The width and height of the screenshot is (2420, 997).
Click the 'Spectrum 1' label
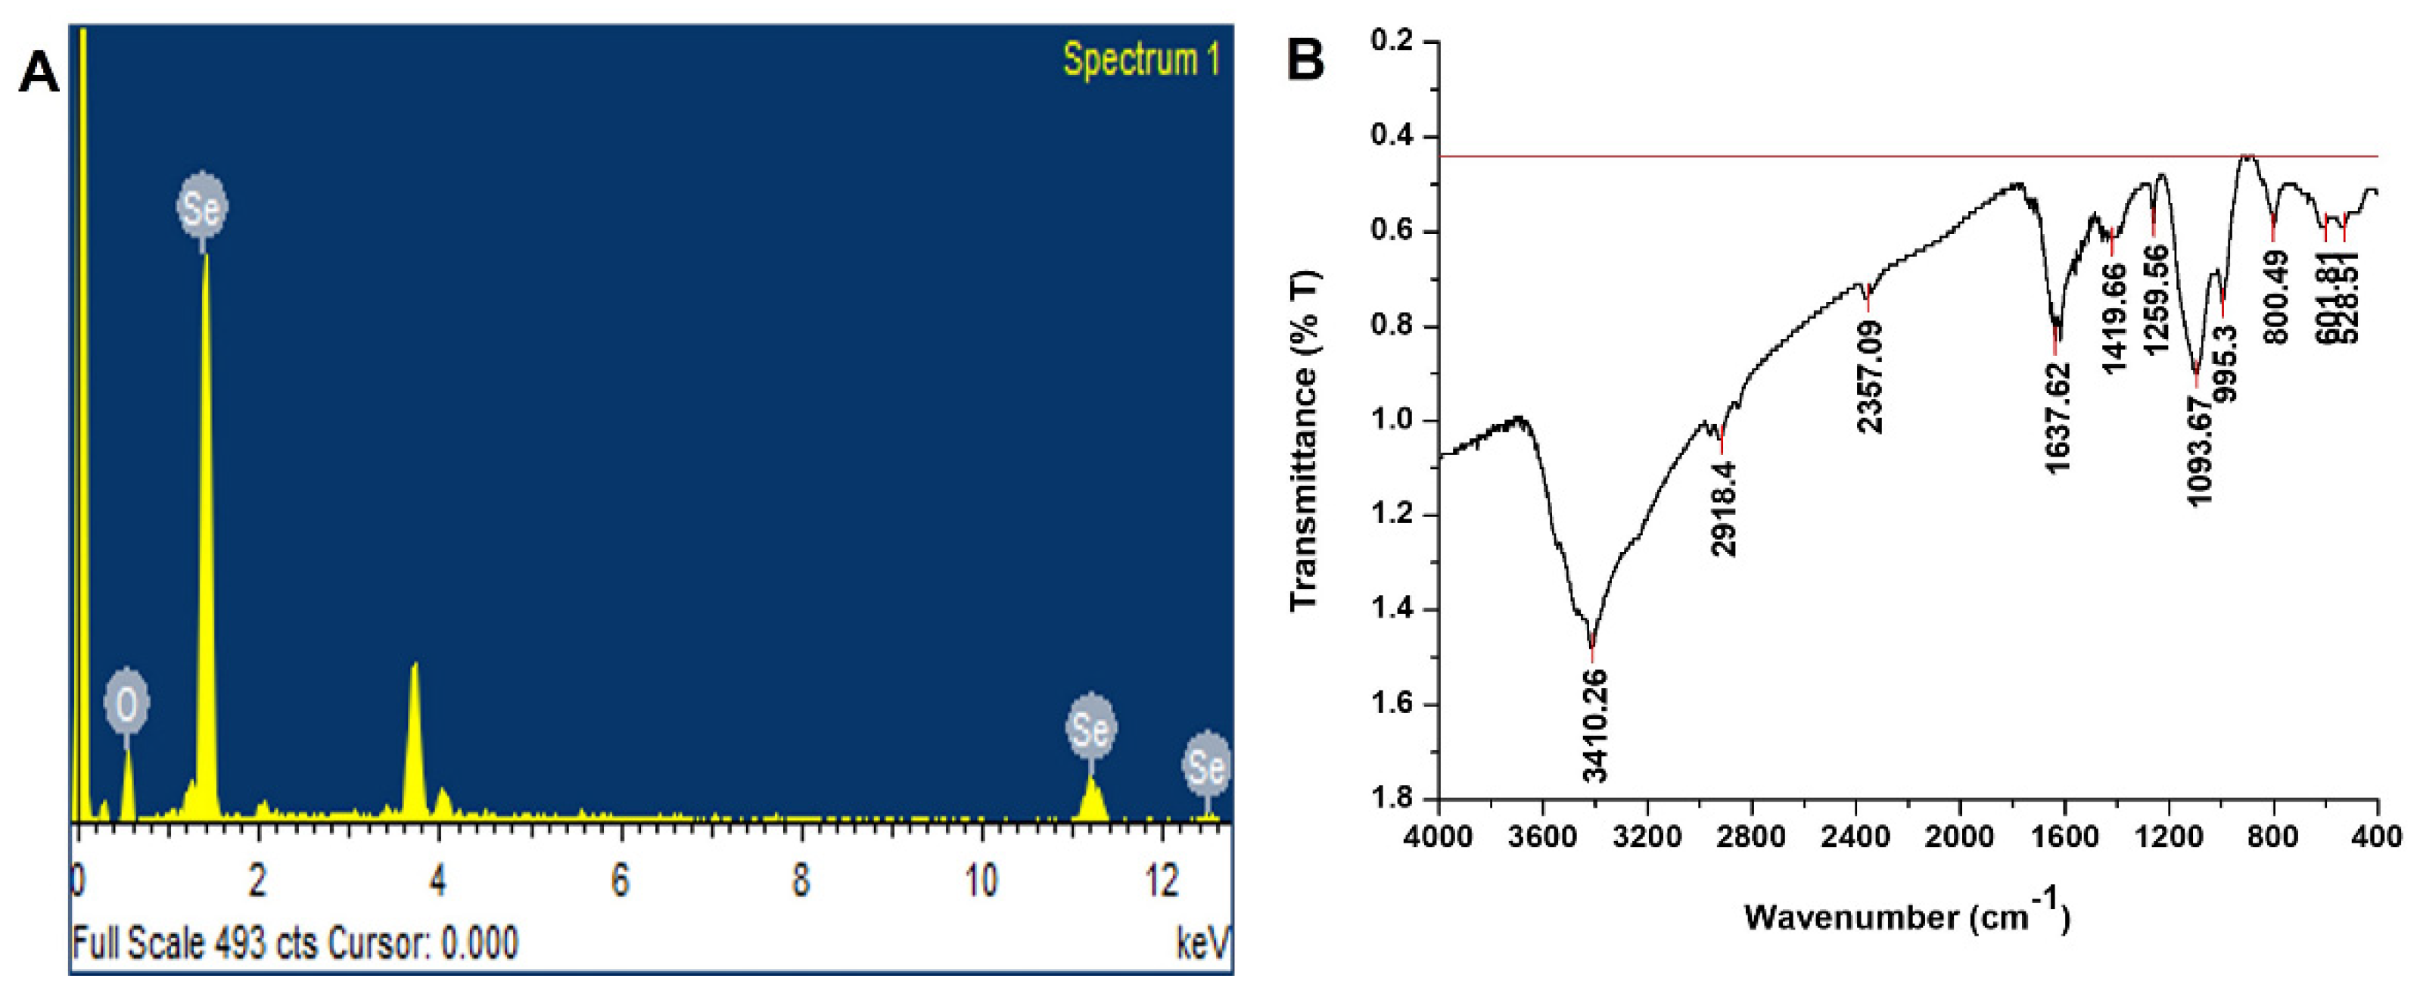click(1140, 60)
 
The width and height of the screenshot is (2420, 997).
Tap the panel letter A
click(39, 73)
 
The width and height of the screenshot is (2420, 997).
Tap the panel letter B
click(1304, 59)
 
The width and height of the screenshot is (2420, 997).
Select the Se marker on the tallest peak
click(202, 207)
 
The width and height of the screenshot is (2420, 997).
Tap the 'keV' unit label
click(1202, 942)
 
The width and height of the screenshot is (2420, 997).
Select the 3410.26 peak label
click(1595, 724)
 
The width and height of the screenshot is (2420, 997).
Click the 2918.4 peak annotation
click(1725, 509)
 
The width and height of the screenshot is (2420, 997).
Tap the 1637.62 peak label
click(2058, 418)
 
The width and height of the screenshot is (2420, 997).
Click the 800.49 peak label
click(2277, 303)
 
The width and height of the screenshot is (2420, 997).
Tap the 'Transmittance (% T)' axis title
click(1306, 441)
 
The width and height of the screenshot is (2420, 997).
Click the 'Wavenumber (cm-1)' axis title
click(1907, 916)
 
